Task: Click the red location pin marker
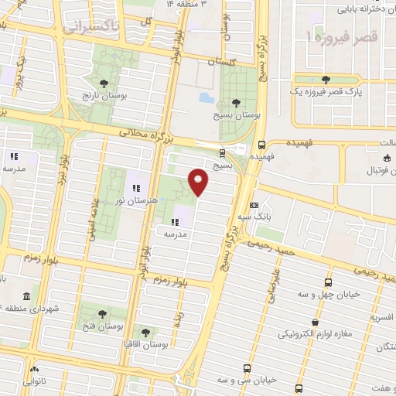tap(199, 181)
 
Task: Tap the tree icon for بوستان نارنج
tap(104, 81)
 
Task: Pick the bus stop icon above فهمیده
tap(261, 144)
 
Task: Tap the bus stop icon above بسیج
tap(223, 152)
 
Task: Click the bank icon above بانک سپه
tap(254, 206)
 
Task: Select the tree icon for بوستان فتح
tap(102, 313)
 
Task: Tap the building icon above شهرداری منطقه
tap(27, 297)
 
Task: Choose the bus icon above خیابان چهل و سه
tap(329, 282)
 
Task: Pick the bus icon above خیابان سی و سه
tap(247, 368)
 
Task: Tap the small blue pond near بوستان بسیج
tap(205, 99)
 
